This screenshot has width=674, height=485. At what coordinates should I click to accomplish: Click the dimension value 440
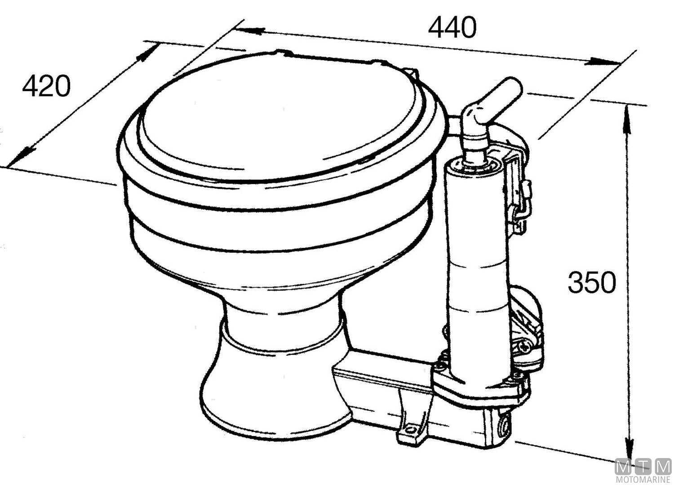pos(452,28)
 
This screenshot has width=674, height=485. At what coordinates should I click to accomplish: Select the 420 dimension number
pos(46,86)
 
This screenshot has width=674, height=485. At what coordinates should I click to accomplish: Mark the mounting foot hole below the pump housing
pos(409,428)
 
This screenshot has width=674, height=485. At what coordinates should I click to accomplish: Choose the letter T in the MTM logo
pos(643,467)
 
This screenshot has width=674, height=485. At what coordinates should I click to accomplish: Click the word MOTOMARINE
pos(643,480)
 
